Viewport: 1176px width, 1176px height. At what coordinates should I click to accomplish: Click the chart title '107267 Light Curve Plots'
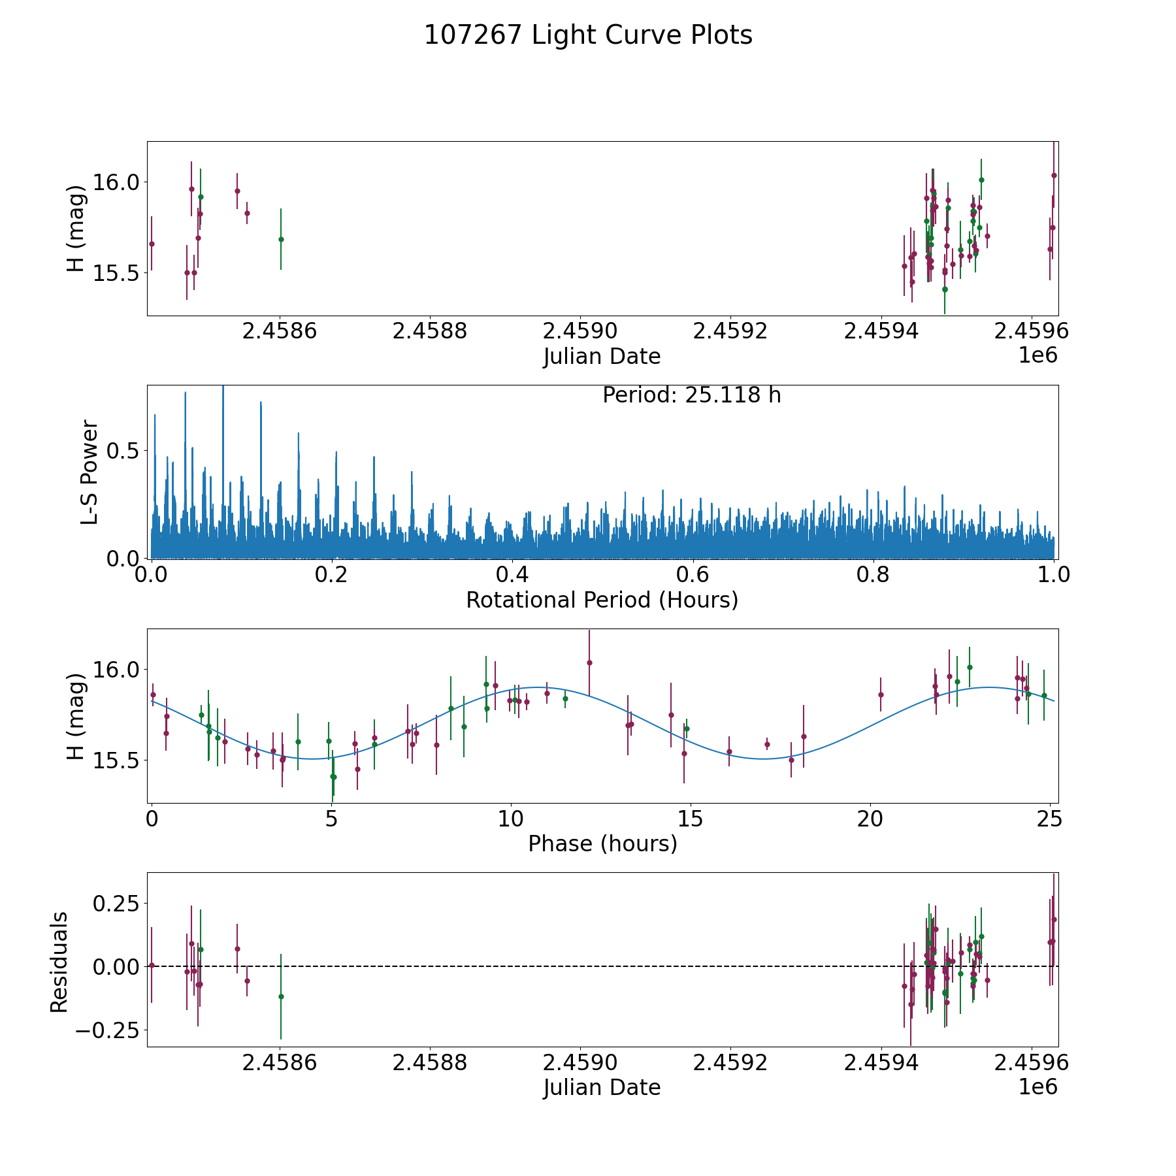(588, 35)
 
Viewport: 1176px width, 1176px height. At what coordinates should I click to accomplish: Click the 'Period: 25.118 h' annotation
(691, 395)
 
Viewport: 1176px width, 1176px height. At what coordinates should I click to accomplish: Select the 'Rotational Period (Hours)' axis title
(602, 600)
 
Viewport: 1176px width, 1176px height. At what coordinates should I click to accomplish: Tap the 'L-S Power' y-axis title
(90, 472)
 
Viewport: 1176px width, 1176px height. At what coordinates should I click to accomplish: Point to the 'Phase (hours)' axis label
(602, 843)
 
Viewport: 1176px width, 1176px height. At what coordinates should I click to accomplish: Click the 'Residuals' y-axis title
(59, 962)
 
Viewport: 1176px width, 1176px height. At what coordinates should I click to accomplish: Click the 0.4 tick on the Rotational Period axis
(512, 575)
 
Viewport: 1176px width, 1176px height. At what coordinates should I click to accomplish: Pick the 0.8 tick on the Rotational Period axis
(874, 575)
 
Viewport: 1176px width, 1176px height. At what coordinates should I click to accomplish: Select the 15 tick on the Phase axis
(690, 819)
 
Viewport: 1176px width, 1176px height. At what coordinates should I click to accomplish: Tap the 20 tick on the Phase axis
(870, 819)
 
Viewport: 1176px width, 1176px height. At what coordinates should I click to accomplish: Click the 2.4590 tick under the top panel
(580, 331)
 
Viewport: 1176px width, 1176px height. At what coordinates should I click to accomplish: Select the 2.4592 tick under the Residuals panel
(730, 1063)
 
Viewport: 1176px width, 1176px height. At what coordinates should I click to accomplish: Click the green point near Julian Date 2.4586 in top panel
(281, 239)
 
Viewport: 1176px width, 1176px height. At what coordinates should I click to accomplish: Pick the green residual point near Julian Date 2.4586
(281, 996)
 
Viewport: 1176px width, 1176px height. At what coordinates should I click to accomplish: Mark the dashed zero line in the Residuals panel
(588, 966)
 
